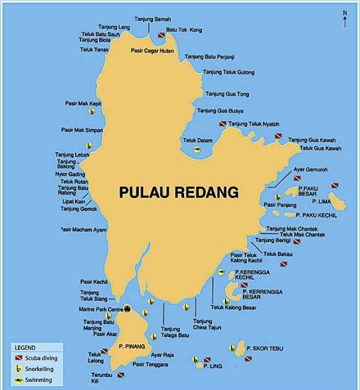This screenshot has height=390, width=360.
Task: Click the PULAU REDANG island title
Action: point(178,193)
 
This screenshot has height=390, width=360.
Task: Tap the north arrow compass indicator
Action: point(345,18)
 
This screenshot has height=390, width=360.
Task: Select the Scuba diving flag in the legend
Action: point(20,358)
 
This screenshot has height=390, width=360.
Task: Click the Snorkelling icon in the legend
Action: point(20,369)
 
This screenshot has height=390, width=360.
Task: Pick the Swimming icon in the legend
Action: point(20,379)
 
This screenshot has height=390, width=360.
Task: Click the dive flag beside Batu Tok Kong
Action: point(161,36)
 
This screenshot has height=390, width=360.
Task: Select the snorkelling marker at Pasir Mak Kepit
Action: point(92,111)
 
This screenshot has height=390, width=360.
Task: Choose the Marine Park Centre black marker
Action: point(128,308)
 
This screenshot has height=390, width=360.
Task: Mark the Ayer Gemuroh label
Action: point(310,169)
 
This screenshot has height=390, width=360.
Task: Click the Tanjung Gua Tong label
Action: point(227,94)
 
